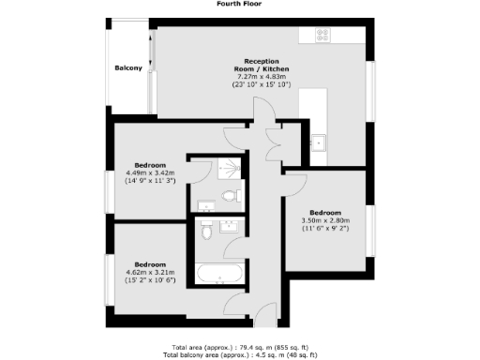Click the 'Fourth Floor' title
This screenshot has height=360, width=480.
(239, 4)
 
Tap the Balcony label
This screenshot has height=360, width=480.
(128, 68)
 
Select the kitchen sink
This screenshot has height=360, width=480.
(319, 143)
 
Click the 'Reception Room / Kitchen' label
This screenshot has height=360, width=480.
(262, 64)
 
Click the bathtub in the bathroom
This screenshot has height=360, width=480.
(219, 276)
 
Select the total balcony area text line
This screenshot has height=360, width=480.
(240, 354)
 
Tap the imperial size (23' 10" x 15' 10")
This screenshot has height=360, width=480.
(262, 85)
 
